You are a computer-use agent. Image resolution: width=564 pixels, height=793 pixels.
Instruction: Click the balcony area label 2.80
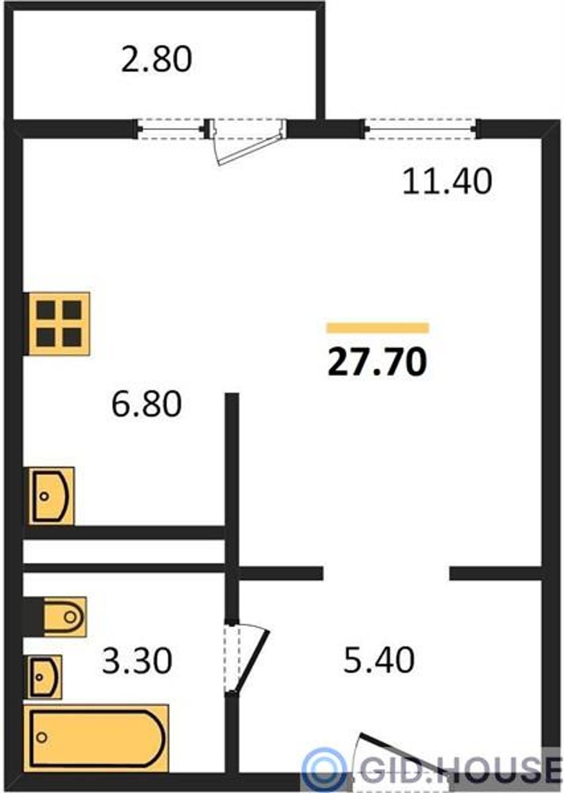(156, 59)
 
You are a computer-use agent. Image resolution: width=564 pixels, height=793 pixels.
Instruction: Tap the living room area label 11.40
(447, 181)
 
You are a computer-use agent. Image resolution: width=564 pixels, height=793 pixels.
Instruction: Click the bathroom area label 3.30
(137, 661)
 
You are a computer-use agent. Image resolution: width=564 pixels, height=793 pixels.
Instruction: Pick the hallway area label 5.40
(379, 661)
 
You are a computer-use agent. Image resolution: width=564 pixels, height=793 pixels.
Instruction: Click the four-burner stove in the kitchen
(56, 324)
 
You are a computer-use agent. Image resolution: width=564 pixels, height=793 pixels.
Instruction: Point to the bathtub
(96, 737)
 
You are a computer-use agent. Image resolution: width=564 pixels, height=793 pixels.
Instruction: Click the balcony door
(248, 141)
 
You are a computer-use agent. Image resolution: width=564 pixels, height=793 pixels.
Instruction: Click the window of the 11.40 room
(420, 128)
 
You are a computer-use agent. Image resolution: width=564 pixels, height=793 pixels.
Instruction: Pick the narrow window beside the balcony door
(171, 128)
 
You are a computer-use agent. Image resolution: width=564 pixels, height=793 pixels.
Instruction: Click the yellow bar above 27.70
(378, 328)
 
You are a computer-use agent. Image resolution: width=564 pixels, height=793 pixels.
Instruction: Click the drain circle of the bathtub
(42, 738)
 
